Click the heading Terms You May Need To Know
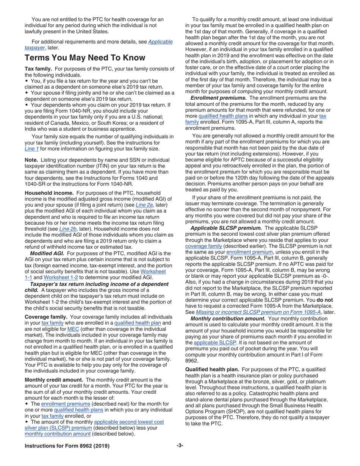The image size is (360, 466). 85,58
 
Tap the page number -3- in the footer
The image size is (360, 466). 180,446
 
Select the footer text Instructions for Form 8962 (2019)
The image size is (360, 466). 67,446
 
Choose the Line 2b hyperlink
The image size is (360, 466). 67,229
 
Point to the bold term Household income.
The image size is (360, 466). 49,193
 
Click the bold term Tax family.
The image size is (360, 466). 38,69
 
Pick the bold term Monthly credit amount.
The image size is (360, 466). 53,380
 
